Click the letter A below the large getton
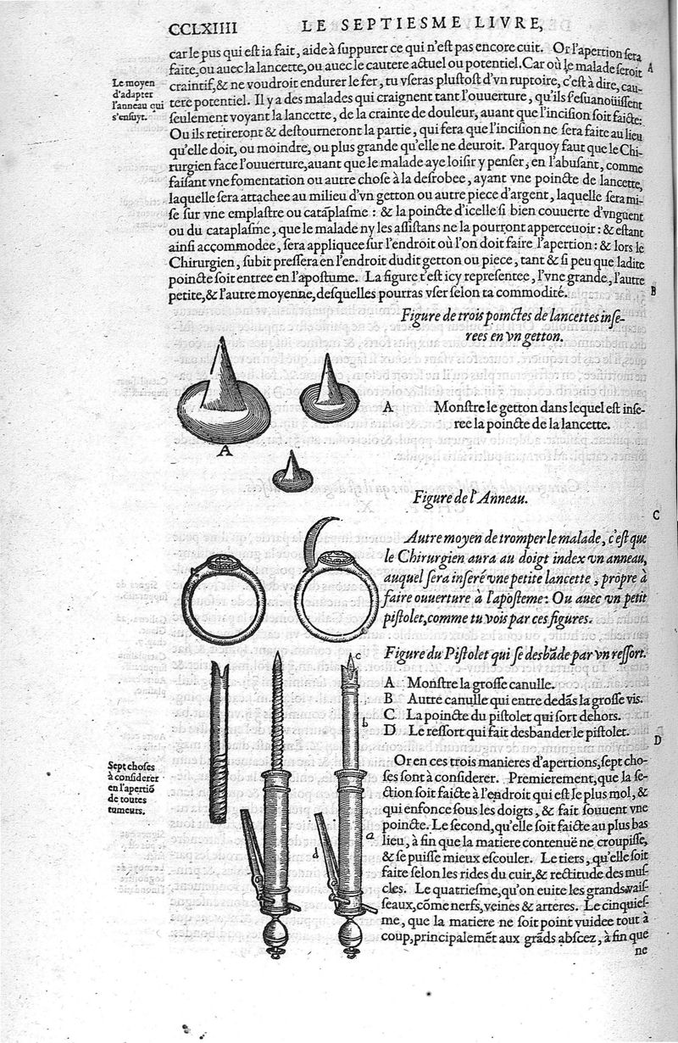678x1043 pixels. point(225,451)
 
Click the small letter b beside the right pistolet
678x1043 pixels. point(364,722)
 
